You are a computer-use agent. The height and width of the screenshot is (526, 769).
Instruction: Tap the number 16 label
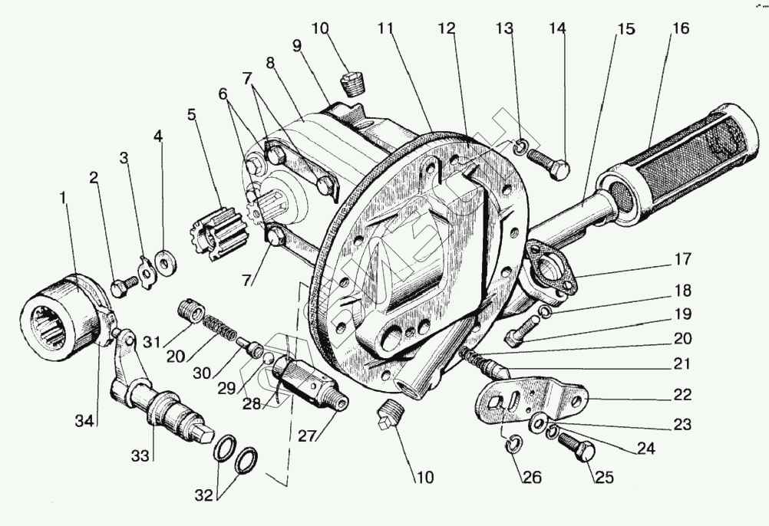[x=680, y=28]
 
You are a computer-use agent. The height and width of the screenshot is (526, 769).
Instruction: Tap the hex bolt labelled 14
[x=551, y=164]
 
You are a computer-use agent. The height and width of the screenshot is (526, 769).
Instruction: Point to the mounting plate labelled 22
[x=530, y=399]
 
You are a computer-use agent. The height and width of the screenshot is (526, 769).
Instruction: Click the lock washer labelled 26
[x=515, y=442]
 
